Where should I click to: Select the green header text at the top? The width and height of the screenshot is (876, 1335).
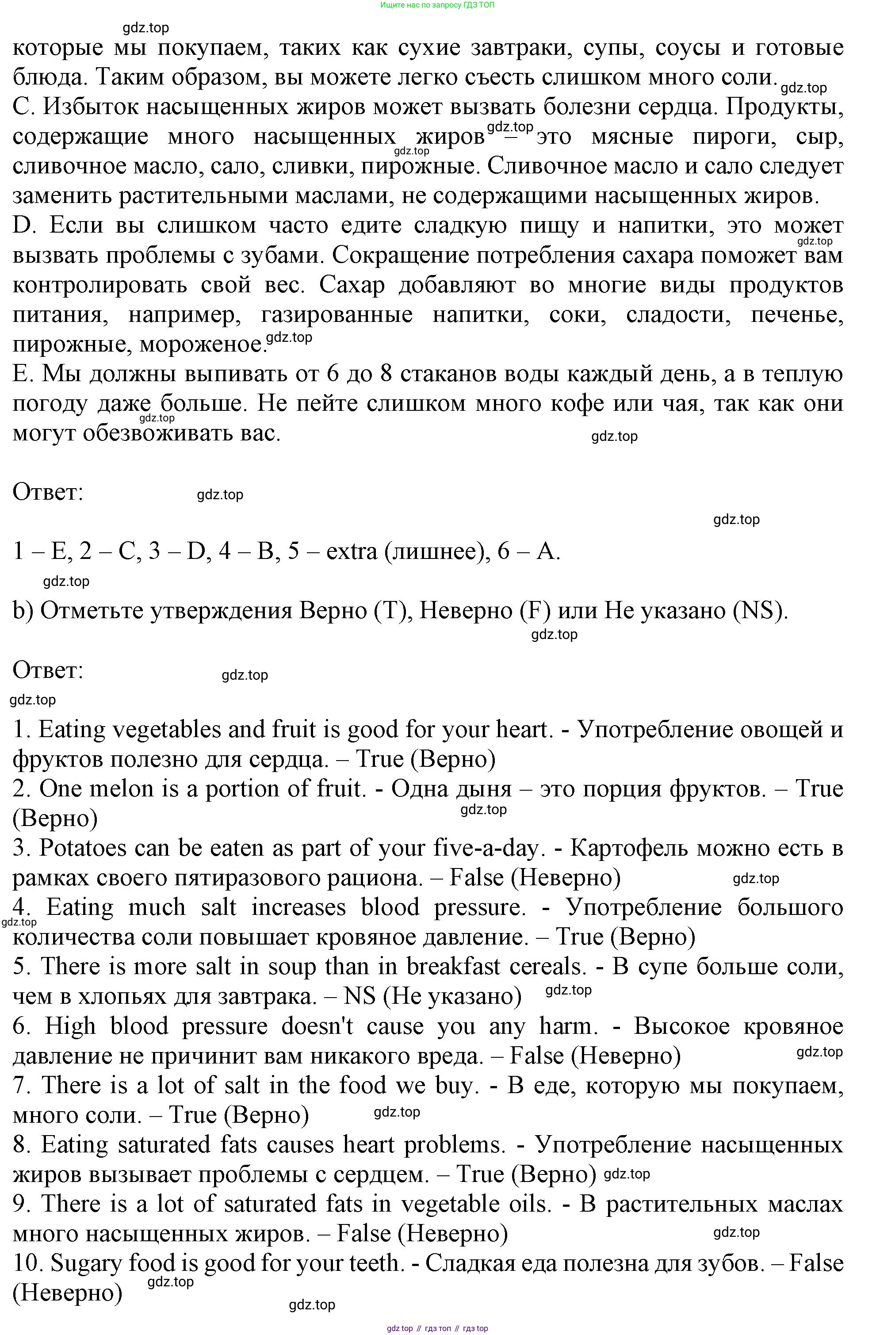click(437, 5)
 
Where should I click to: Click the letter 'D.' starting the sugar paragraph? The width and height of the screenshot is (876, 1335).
click(24, 226)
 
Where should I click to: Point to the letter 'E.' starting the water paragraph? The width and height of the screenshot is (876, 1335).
click(23, 374)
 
